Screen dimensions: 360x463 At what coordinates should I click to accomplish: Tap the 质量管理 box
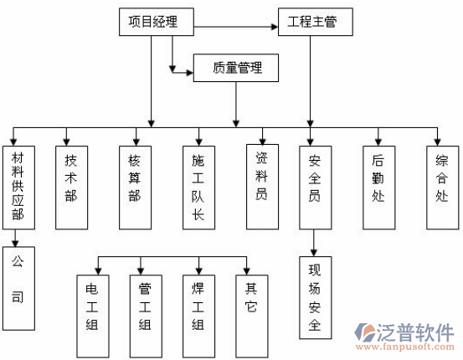pyautogui.click(x=234, y=68)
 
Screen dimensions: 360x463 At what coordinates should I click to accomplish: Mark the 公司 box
pyautogui.click(x=18, y=287)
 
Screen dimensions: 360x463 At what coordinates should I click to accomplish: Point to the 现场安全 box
pyautogui.click(x=315, y=297)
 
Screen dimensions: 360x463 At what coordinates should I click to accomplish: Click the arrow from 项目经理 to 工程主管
pyautogui.click(x=239, y=27)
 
